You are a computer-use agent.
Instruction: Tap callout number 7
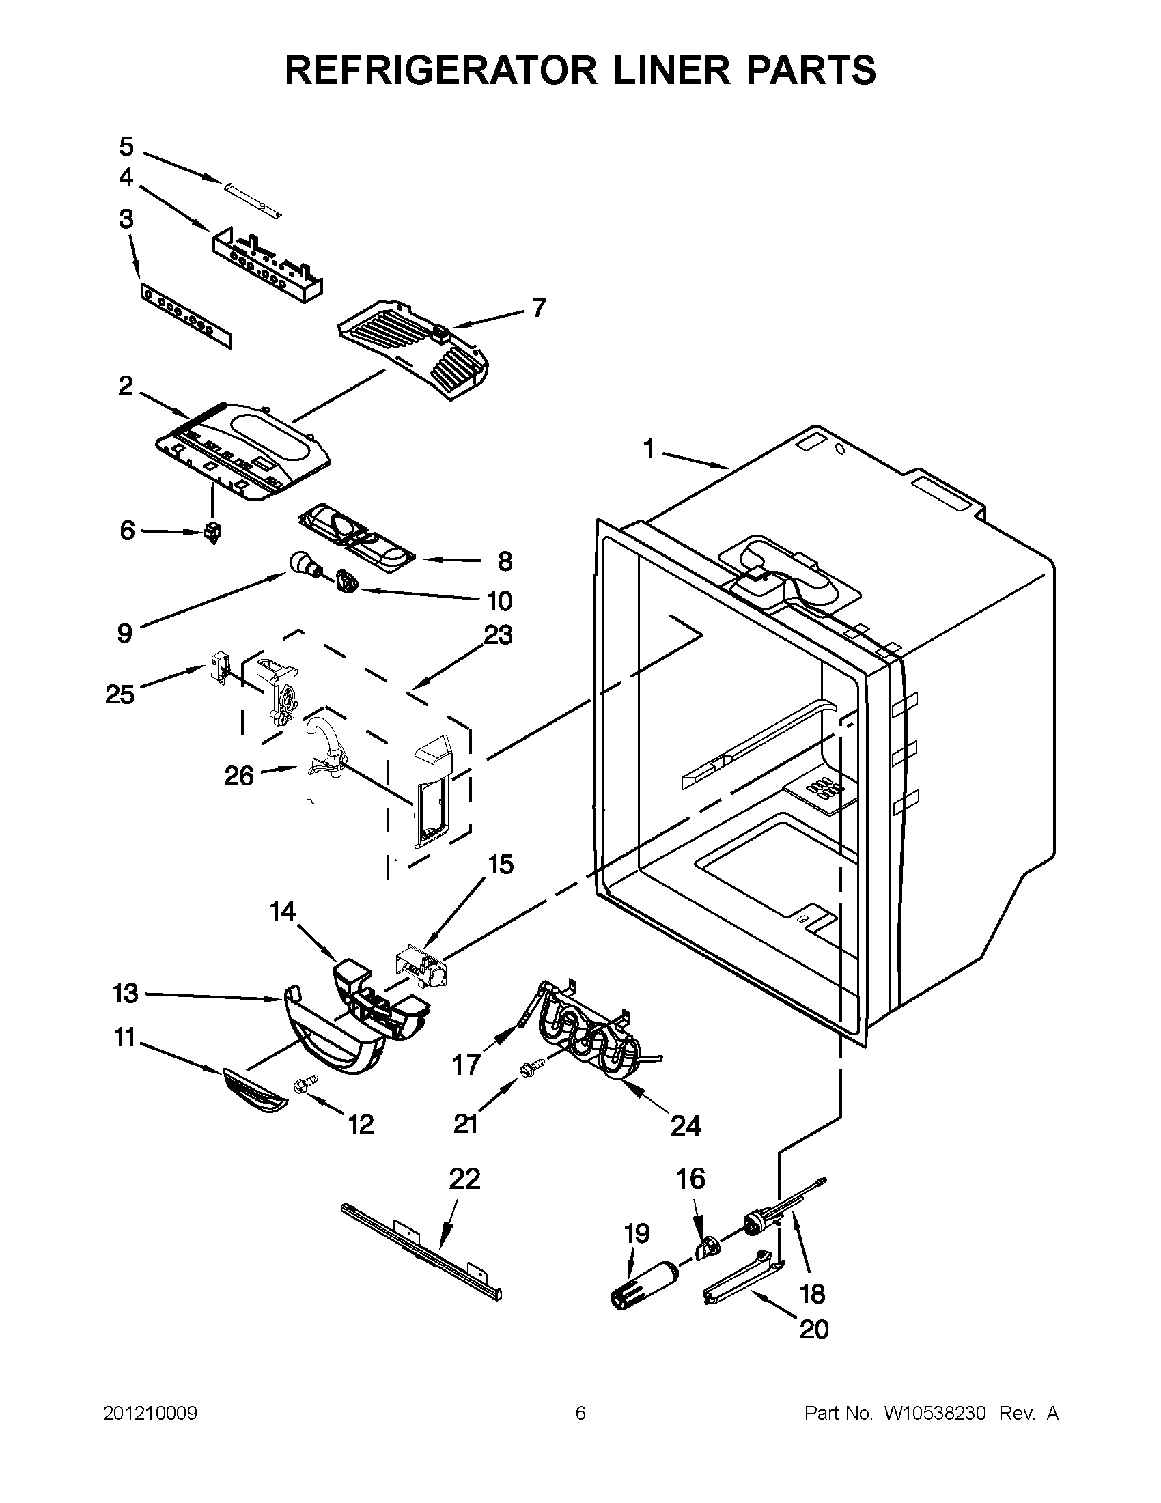538,307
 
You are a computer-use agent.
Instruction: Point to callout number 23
499,634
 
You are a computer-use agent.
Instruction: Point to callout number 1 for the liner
648,449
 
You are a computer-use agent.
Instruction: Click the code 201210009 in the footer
150,1414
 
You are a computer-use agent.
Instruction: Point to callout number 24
686,1126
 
